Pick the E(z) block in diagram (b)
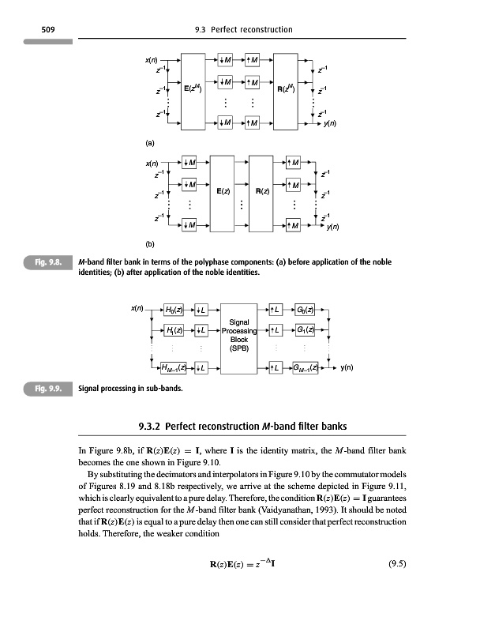tap(223, 191)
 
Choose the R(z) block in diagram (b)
tap(263, 191)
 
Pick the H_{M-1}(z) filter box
tap(174, 367)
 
